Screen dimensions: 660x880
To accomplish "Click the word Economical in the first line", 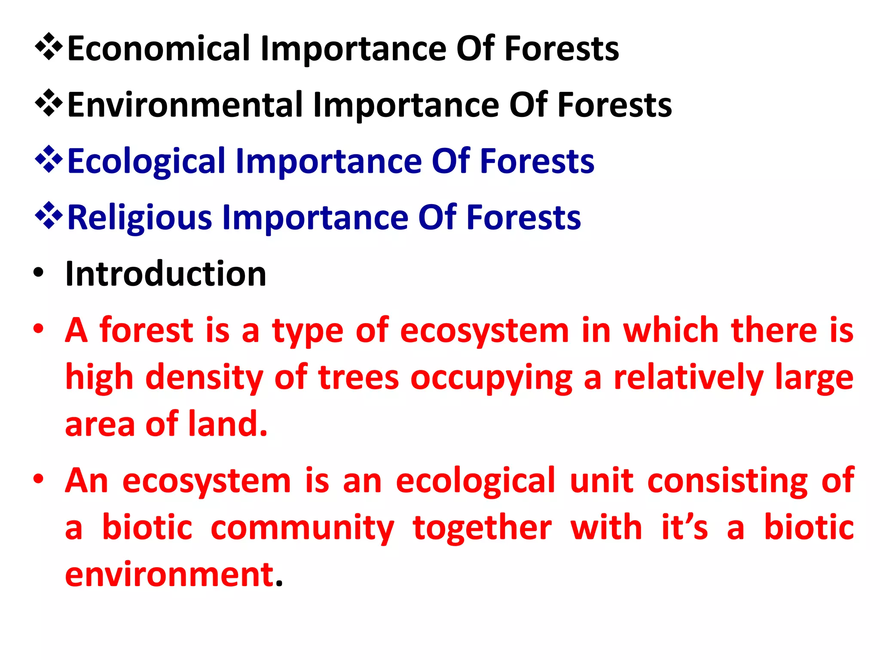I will click(159, 49).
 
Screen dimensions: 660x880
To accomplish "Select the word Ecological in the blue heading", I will click(146, 162).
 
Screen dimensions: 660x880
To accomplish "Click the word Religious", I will click(140, 218).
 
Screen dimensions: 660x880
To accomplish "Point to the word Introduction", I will click(166, 274).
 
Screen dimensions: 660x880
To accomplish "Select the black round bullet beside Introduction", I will click(39, 273).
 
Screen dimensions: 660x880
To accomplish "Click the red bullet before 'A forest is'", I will click(39, 329).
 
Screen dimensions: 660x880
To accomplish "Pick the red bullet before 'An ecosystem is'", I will click(39, 479).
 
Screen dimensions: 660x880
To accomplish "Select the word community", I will click(302, 528).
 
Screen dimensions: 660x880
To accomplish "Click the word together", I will click(482, 528).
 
